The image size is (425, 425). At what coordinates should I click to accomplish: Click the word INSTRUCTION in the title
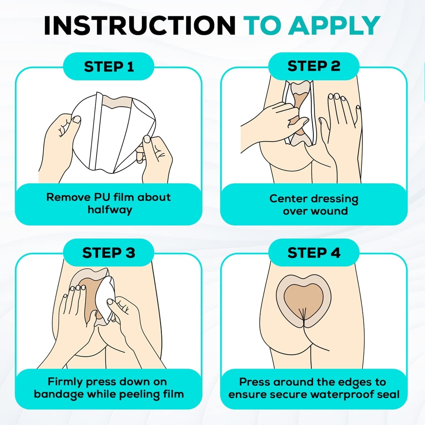tap(140, 25)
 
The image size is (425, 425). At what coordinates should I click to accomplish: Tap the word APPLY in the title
tap(335, 25)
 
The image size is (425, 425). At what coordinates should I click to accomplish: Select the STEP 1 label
tap(109, 67)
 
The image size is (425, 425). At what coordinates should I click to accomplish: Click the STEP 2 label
tap(314, 66)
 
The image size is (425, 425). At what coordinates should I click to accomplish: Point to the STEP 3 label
tap(109, 253)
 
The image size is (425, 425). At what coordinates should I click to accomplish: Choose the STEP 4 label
tap(314, 253)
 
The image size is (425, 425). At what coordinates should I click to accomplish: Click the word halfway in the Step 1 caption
tap(110, 210)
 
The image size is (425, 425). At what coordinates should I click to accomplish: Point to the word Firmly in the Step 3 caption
tap(65, 382)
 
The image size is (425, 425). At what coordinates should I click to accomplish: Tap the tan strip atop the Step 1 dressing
tap(116, 101)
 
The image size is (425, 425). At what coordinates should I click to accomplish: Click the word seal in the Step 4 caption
tap(389, 394)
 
